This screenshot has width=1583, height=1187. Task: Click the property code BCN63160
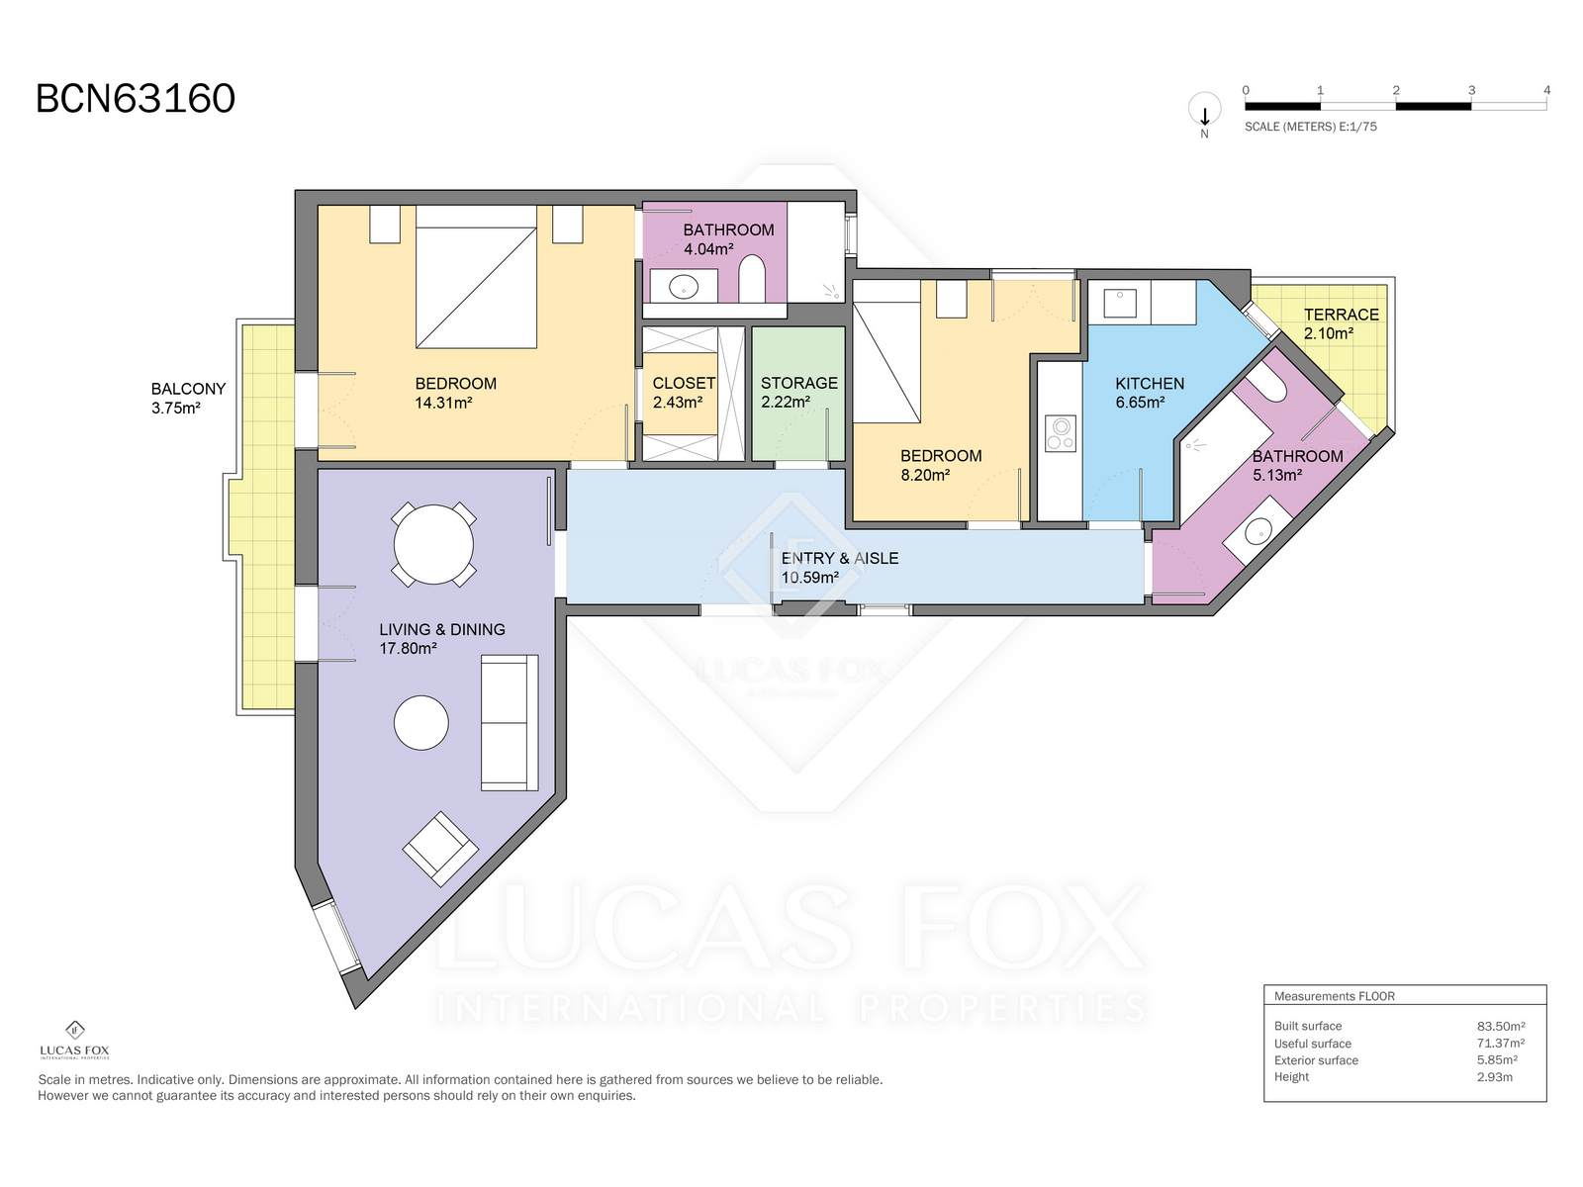[136, 99]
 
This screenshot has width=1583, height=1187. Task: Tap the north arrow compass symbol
[1204, 113]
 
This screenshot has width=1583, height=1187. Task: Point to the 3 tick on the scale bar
[1471, 90]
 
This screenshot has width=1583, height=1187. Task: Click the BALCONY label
[188, 389]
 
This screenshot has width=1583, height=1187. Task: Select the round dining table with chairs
[433, 544]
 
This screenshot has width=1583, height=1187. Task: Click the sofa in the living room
[510, 722]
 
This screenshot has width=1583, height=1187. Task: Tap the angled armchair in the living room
[440, 849]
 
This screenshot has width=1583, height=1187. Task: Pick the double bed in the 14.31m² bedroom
[476, 277]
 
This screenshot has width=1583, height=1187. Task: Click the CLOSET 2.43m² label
[684, 393]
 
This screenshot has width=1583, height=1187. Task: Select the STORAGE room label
[799, 383]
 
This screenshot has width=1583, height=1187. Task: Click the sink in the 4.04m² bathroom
[683, 287]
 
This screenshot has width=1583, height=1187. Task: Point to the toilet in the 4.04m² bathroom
[752, 278]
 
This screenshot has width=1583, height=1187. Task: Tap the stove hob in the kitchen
[1061, 432]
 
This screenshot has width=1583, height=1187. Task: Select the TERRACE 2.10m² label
[1341, 323]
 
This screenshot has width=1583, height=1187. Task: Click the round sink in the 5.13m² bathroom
[1257, 532]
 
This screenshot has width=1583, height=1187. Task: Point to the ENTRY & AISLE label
[839, 558]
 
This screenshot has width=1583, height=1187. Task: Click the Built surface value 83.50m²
[1501, 1027]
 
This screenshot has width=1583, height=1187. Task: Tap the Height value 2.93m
[1494, 1077]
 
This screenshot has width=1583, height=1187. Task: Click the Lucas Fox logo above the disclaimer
[74, 1040]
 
